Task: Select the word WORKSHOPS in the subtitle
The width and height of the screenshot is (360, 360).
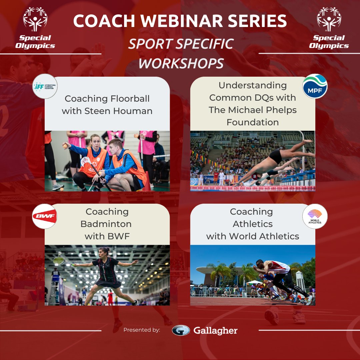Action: pyautogui.click(x=181, y=63)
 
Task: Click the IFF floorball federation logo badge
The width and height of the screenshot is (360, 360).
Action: pyautogui.click(x=45, y=86)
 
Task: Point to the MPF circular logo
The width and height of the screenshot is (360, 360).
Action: pyautogui.click(x=315, y=86)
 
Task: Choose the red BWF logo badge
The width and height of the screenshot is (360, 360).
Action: pyautogui.click(x=44, y=216)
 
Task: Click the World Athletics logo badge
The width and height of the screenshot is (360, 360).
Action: pyautogui.click(x=315, y=216)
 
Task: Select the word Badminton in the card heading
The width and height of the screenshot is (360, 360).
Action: pyautogui.click(x=106, y=224)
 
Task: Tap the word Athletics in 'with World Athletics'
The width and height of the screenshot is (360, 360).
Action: pyautogui.click(x=281, y=236)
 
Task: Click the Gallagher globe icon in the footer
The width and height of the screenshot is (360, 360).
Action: pyautogui.click(x=181, y=330)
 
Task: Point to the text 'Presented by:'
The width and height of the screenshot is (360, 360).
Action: pyautogui.click(x=142, y=330)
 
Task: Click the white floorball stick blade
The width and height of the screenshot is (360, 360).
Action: pyautogui.click(x=85, y=161)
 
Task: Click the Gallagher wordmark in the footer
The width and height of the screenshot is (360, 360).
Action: pyautogui.click(x=215, y=330)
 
